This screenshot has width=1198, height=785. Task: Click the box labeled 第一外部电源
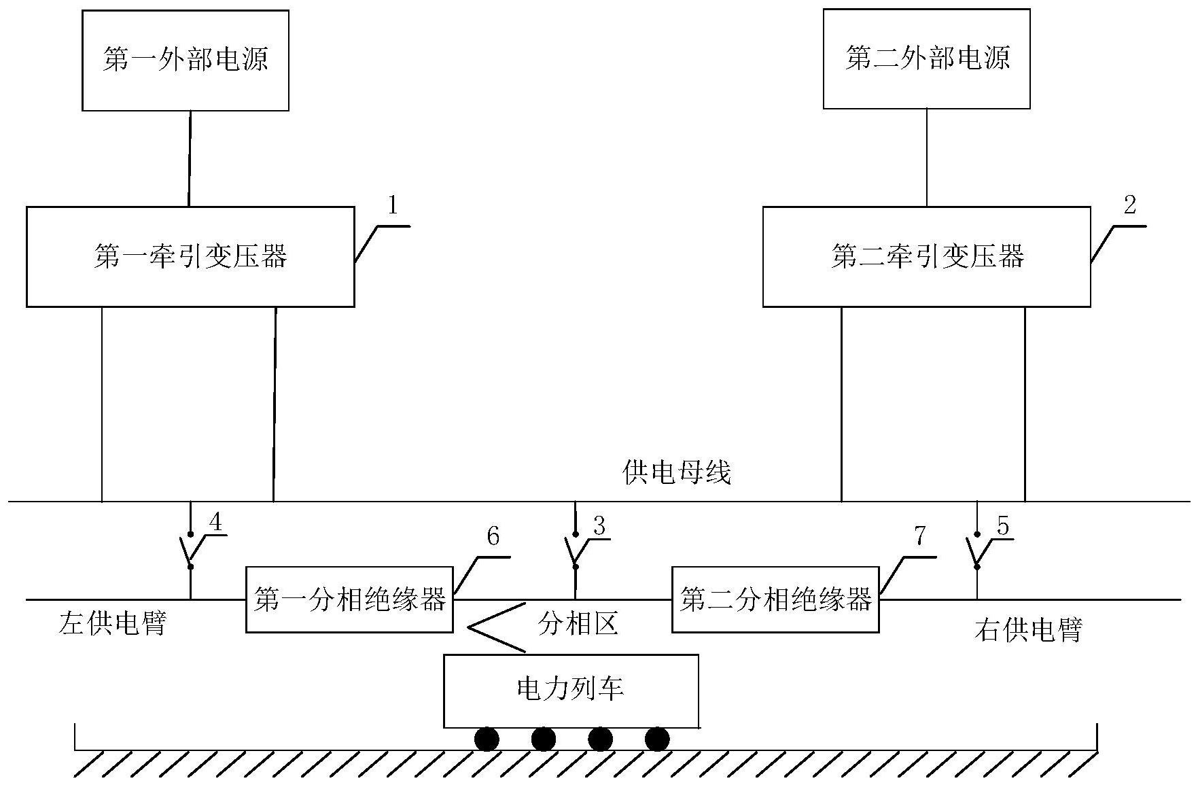(185, 60)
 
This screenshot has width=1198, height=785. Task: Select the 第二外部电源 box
(926, 58)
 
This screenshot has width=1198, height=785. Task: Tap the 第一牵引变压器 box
(190, 257)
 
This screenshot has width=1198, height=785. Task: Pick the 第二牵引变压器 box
(926, 257)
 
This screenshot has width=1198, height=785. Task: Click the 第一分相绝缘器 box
(349, 600)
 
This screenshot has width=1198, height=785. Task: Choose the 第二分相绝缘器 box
(775, 600)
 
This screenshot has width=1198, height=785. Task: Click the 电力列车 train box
(571, 691)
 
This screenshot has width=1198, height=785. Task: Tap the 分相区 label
(578, 623)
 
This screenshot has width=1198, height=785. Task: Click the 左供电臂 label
(113, 623)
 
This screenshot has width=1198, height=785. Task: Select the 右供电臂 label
(1027, 630)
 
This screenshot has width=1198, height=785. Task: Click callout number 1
(392, 205)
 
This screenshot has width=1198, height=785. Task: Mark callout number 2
(1129, 205)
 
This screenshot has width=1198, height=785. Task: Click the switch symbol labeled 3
(574, 551)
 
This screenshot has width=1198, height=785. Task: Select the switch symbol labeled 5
(976, 551)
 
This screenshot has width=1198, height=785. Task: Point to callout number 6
(493, 537)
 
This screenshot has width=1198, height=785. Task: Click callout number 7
(919, 537)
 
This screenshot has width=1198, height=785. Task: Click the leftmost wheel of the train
(487, 739)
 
